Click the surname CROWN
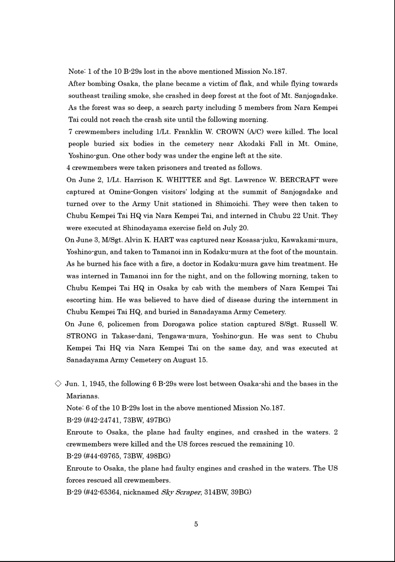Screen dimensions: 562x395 click(230, 132)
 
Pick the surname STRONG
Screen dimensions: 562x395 click(81, 336)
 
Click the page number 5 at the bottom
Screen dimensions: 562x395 click(196, 524)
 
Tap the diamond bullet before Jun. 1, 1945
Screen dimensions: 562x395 click(58, 384)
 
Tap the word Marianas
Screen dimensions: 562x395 click(82, 396)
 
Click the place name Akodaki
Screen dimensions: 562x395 click(251, 144)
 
